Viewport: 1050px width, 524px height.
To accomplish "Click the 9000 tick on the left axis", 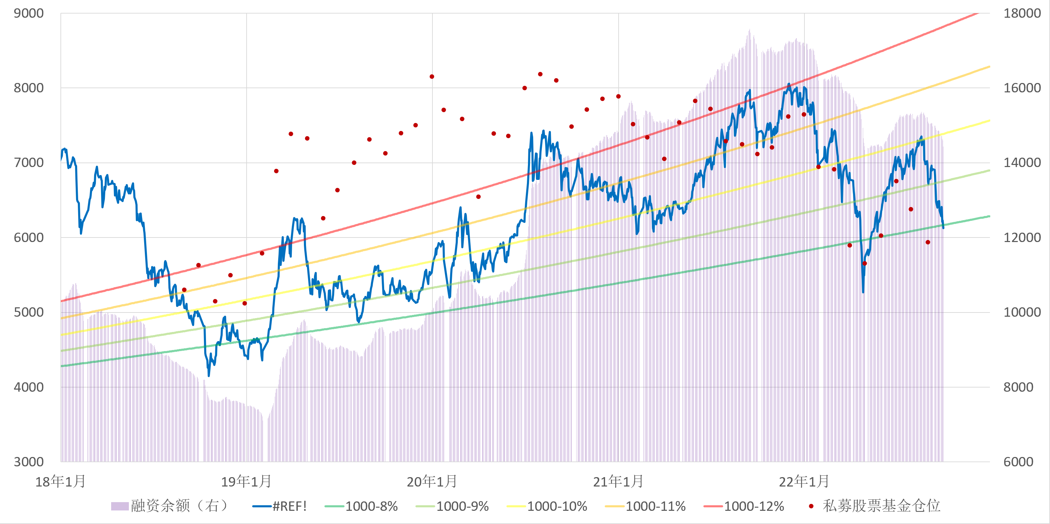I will [x=28, y=14].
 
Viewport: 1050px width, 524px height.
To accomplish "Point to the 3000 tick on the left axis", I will [x=28, y=461].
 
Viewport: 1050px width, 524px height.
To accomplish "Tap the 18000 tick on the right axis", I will [x=1022, y=14].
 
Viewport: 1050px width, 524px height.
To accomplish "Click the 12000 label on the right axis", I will [x=1022, y=238].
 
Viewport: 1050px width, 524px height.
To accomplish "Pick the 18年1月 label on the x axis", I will [x=60, y=482].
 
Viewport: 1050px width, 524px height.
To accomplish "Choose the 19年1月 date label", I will [x=246, y=482].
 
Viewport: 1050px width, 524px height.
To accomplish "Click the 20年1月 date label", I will [x=432, y=482].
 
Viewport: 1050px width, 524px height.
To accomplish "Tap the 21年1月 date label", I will [x=618, y=482].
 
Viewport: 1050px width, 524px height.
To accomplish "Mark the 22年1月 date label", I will [x=804, y=482].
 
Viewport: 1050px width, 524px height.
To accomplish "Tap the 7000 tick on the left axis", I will [x=28, y=163].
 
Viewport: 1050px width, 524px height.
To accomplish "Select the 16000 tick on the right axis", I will [x=1022, y=88].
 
